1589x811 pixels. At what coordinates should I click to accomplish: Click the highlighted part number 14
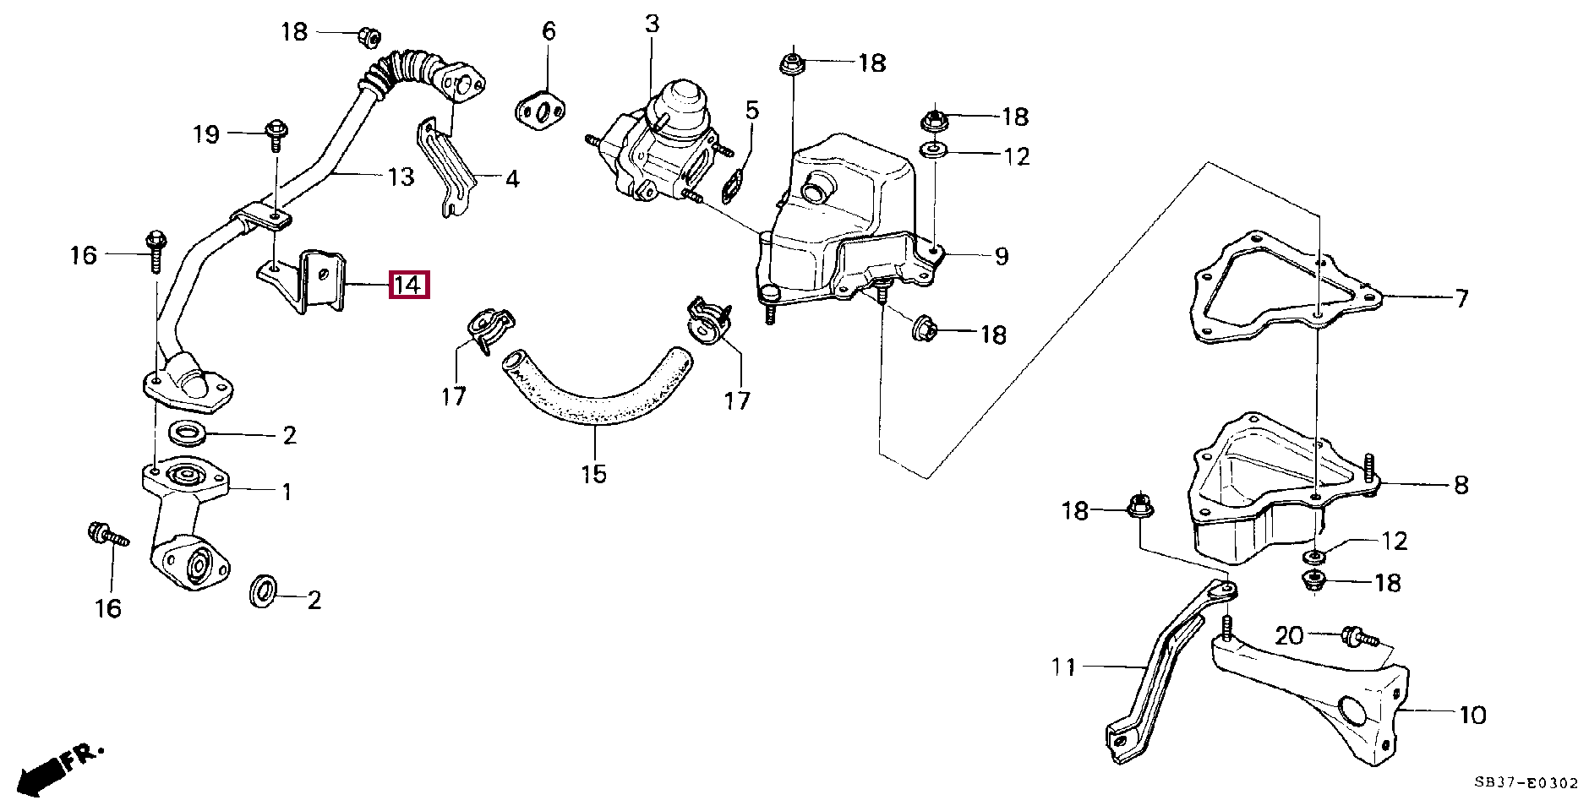(x=408, y=285)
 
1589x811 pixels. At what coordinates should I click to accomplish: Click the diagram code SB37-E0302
(x=1526, y=783)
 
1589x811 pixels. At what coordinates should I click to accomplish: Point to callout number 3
(x=652, y=24)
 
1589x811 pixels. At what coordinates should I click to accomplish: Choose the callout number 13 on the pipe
(x=401, y=177)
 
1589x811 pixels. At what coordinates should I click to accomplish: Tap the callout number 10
(x=1472, y=715)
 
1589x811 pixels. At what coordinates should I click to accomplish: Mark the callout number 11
(x=1063, y=667)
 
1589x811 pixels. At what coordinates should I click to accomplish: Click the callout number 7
(x=1461, y=297)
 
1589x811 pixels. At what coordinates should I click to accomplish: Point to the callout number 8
(x=1461, y=485)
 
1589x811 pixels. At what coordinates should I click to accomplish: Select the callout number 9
(x=1001, y=255)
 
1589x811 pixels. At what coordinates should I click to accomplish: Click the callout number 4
(x=511, y=179)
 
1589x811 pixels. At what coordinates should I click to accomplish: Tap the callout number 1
(x=287, y=491)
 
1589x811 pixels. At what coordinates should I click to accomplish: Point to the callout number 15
(x=593, y=474)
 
